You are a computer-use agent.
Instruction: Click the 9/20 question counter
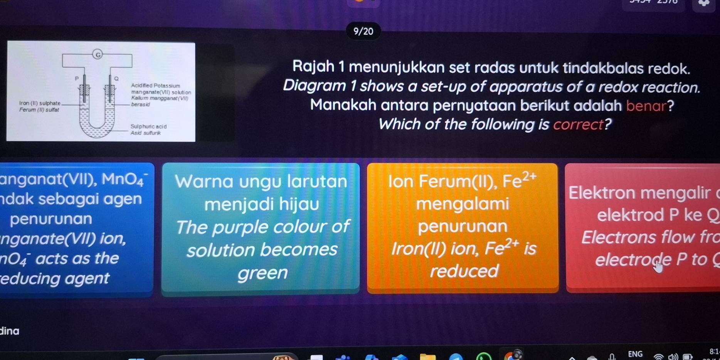pyautogui.click(x=363, y=31)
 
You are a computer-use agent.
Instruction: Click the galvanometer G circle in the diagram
pyautogui.click(x=98, y=55)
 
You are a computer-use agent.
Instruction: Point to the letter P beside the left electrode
pyautogui.click(x=77, y=78)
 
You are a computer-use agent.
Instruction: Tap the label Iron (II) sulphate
pyautogui.click(x=40, y=103)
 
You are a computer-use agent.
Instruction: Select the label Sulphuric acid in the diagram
pyautogui.click(x=149, y=126)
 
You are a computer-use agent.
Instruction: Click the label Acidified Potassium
pyautogui.click(x=156, y=86)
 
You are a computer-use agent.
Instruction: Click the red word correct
pyautogui.click(x=578, y=124)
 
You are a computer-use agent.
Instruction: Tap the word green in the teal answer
pyautogui.click(x=262, y=273)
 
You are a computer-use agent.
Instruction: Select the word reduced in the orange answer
pyautogui.click(x=464, y=271)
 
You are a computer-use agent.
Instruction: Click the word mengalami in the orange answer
pyautogui.click(x=463, y=204)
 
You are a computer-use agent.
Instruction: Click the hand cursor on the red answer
pyautogui.click(x=659, y=266)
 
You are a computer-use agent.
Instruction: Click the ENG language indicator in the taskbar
pyautogui.click(x=635, y=353)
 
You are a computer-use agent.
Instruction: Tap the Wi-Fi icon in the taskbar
pyautogui.click(x=659, y=357)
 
